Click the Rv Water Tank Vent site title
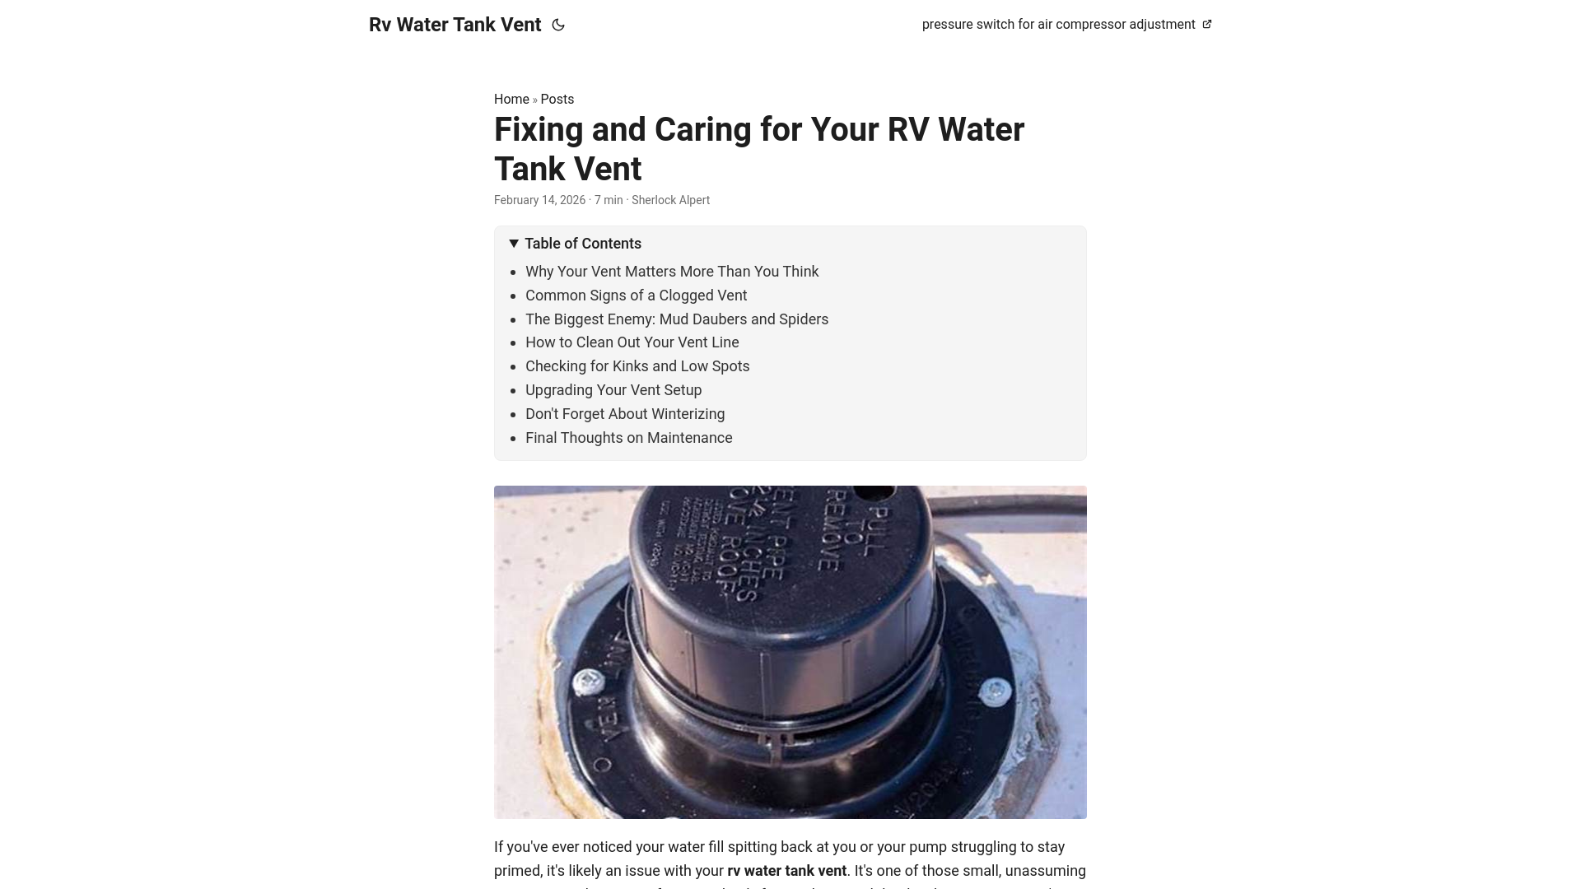(x=455, y=25)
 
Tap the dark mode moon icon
(x=558, y=25)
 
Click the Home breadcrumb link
(x=511, y=100)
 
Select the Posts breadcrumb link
(x=557, y=100)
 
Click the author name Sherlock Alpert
(x=670, y=200)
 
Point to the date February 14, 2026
(x=539, y=200)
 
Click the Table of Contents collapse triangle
(x=514, y=244)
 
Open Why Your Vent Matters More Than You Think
(x=672, y=272)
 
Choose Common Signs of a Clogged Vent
(x=636, y=296)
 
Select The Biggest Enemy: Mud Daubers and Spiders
(x=677, y=319)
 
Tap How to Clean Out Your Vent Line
(x=632, y=342)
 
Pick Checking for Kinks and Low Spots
(x=637, y=366)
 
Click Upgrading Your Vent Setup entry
(x=613, y=390)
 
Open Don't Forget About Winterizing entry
(x=625, y=414)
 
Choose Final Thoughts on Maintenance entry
(x=628, y=438)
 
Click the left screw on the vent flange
(x=588, y=682)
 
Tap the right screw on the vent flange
(x=995, y=691)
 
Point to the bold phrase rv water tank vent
(x=786, y=871)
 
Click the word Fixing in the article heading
(x=540, y=130)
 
